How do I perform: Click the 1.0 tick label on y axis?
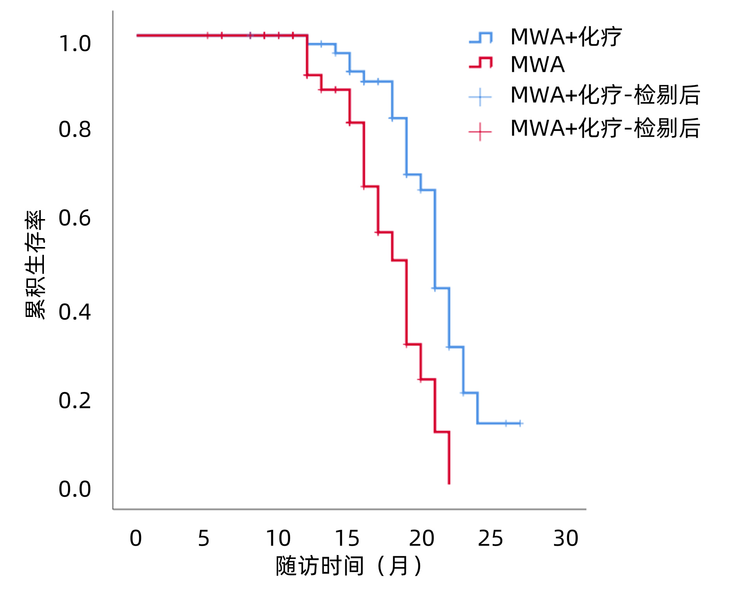tap(75, 44)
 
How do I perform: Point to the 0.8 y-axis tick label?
tap(75, 129)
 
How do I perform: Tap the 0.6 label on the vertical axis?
tap(75, 218)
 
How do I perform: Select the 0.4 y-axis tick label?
tap(75, 312)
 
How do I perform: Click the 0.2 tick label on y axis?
tap(75, 400)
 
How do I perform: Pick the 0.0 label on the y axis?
tap(75, 489)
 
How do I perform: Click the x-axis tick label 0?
tap(136, 538)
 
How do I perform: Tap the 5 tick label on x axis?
tap(204, 538)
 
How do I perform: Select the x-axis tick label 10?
tap(278, 538)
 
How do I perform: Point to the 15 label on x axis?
tap(347, 538)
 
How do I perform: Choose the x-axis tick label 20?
tap(421, 538)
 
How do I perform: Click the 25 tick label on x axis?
tap(490, 538)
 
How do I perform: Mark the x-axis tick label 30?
tap(566, 538)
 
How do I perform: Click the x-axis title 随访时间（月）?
tap(348, 566)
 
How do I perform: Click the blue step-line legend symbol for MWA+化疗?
tap(481, 38)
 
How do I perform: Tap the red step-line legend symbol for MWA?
tap(481, 63)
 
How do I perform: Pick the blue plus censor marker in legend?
tap(480, 97)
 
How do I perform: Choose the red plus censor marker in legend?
tap(480, 132)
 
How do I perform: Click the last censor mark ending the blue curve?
tap(520, 423)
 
